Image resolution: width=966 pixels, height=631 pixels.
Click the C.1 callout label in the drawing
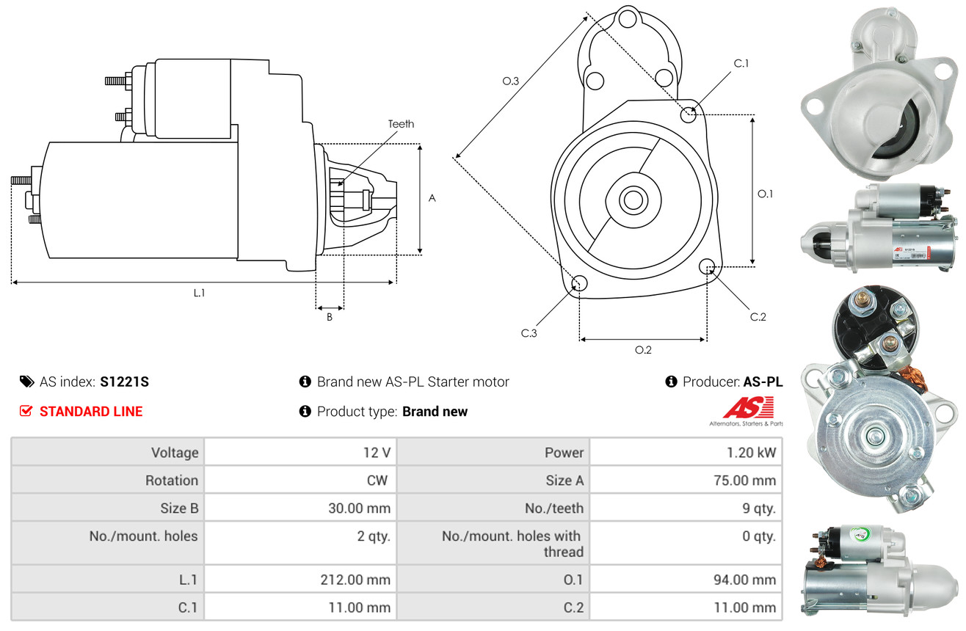tap(741, 63)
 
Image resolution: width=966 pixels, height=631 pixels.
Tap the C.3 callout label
tap(529, 333)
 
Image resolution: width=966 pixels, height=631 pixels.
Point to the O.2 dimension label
tap(643, 350)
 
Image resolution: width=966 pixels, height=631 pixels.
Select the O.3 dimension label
tap(511, 81)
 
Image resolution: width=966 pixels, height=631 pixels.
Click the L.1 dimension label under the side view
tap(199, 293)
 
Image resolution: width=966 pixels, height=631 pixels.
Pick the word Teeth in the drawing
tap(401, 124)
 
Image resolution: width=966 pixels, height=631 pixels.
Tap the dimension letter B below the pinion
tap(330, 317)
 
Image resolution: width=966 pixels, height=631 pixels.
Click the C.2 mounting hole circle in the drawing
tap(707, 266)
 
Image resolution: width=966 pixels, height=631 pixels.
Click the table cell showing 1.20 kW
tap(686, 452)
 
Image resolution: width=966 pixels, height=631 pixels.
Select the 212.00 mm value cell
tap(300, 580)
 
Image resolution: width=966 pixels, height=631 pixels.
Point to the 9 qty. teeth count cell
tap(686, 508)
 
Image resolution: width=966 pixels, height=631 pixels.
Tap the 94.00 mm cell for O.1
tap(686, 580)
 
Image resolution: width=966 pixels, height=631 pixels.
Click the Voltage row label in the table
tap(175, 453)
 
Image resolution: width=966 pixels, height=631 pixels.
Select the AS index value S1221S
tap(124, 382)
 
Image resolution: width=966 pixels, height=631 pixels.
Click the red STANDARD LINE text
tap(91, 412)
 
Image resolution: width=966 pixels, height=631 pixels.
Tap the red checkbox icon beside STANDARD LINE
tap(26, 411)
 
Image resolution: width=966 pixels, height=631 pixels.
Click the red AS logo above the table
tap(748, 407)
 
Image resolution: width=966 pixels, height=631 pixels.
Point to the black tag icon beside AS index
tap(26, 382)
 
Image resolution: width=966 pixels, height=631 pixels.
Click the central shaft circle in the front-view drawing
tap(633, 200)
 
